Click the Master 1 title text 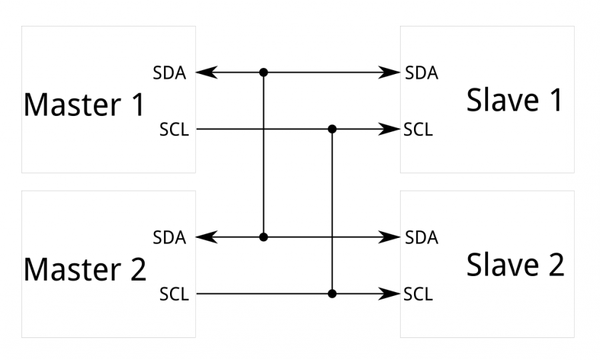click(x=84, y=105)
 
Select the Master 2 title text click(x=85, y=269)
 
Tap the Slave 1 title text click(x=514, y=100)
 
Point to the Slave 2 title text click(x=515, y=265)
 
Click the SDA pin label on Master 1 click(x=169, y=73)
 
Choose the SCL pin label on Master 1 click(x=174, y=129)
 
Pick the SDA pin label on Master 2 click(x=169, y=237)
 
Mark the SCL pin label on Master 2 click(x=174, y=293)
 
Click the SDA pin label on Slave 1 click(x=421, y=73)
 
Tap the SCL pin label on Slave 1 click(x=418, y=129)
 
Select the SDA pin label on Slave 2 click(x=421, y=237)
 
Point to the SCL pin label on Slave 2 click(x=418, y=293)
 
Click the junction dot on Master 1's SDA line click(x=264, y=72)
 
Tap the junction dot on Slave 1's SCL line click(x=332, y=129)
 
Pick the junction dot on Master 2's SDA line click(x=264, y=237)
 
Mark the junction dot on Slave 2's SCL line click(x=332, y=293)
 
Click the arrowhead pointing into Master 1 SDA click(x=207, y=72)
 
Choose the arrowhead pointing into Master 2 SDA click(x=207, y=237)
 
